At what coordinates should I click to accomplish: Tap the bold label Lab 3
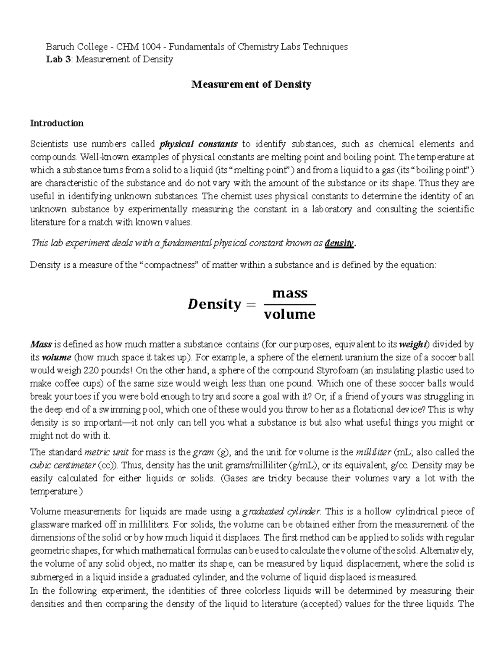tap(58, 59)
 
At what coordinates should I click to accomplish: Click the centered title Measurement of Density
tap(251, 84)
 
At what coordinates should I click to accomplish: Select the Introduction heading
tap(57, 123)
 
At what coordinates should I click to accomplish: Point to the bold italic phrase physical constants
tap(198, 144)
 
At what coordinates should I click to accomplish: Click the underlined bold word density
tap(340, 243)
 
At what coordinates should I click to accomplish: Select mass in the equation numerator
tap(290, 293)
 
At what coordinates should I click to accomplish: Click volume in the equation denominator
tap(289, 314)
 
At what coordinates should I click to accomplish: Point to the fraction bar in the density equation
tap(289, 304)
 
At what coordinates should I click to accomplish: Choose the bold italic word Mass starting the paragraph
tap(41, 345)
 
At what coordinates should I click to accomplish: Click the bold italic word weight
tap(412, 345)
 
